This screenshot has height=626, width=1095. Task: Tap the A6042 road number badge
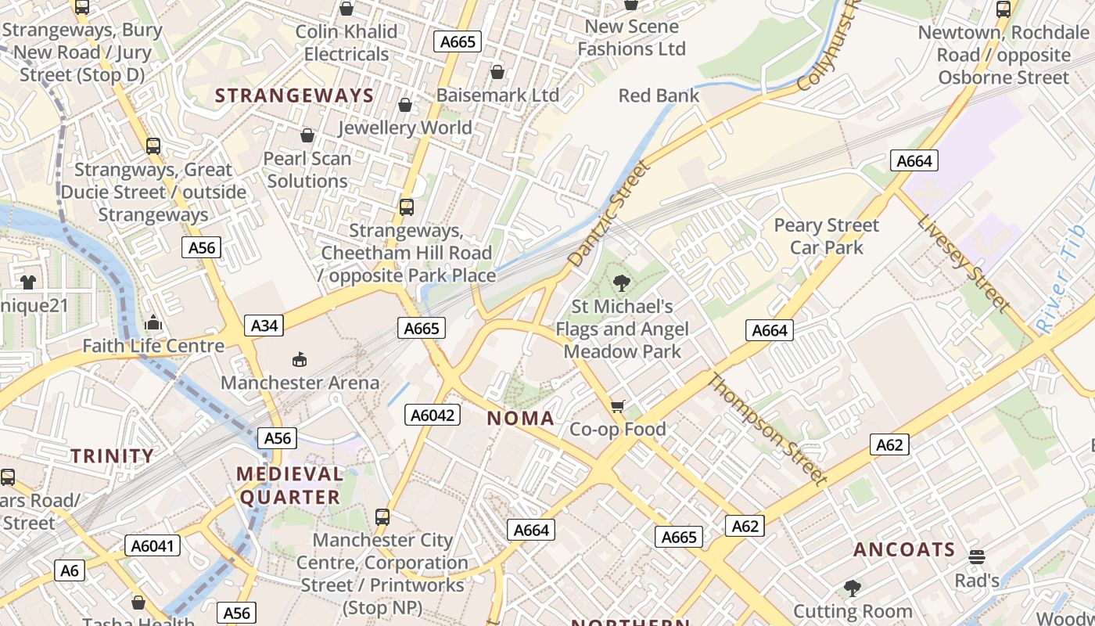(433, 415)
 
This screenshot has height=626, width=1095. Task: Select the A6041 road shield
(153, 545)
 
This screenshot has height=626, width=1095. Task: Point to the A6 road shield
(70, 570)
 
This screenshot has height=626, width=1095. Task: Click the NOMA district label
(521, 418)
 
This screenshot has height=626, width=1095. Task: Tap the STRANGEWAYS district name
(294, 95)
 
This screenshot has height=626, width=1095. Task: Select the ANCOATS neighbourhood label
(904, 549)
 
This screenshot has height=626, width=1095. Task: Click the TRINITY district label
(113, 455)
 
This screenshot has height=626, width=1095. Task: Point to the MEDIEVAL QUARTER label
(290, 485)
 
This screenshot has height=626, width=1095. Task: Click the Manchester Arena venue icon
(299, 359)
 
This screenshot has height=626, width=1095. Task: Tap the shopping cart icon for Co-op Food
(618, 405)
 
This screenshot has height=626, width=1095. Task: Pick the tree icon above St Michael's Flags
(622, 282)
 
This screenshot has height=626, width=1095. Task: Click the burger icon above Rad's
(976, 557)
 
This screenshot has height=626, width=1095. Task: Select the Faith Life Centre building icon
(153, 322)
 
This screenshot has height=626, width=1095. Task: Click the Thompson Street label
(766, 428)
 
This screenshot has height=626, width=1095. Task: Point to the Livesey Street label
(964, 264)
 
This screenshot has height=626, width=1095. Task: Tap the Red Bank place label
(659, 95)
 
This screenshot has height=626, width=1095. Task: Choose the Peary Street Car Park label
(827, 236)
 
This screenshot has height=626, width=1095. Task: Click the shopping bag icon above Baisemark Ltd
(497, 72)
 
